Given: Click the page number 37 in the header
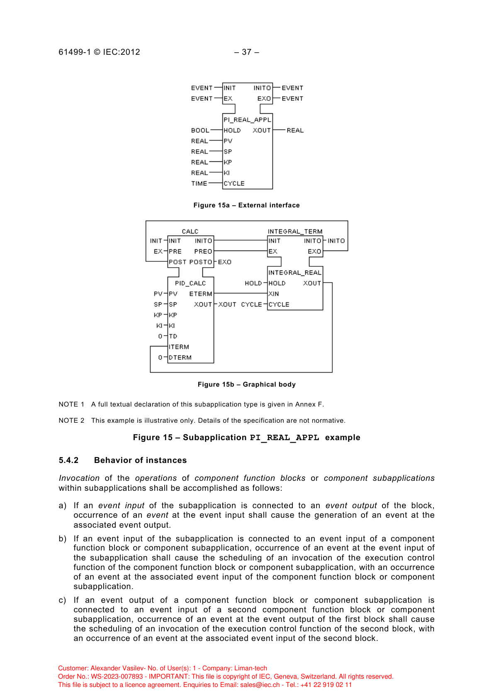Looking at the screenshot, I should pyautogui.click(x=247, y=52).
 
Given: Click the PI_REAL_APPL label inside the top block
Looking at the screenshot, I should pyautogui.click(x=247, y=120).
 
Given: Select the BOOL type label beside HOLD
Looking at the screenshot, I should pyautogui.click(x=200, y=130).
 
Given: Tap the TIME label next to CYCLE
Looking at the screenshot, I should pyautogui.click(x=199, y=183).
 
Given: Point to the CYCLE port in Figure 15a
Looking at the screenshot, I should pyautogui.click(x=234, y=183).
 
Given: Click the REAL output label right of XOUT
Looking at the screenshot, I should pyautogui.click(x=295, y=130).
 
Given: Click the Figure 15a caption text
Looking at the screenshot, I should pyautogui.click(x=246, y=205).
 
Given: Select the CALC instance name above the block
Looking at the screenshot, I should pyautogui.click(x=190, y=231).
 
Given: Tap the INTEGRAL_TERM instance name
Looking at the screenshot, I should pyautogui.click(x=295, y=231).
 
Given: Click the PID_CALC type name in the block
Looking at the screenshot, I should pyautogui.click(x=190, y=283).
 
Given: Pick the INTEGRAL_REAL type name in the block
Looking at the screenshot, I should pyautogui.click(x=295, y=273).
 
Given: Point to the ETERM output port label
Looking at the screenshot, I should pyautogui.click(x=201, y=294).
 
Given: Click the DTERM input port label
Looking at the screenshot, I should pyautogui.click(x=180, y=358).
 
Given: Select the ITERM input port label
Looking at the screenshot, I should pyautogui.click(x=179, y=347).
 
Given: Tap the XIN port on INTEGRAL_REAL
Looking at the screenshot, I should pyautogui.click(x=274, y=294).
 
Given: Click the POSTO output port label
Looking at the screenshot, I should pyautogui.click(x=201, y=262).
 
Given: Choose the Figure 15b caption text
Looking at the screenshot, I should pyautogui.click(x=246, y=385).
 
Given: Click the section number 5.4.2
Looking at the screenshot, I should pyautogui.click(x=68, y=460).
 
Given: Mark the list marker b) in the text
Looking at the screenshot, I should pyautogui.click(x=63, y=539).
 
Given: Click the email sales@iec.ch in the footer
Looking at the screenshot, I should pyautogui.click(x=260, y=685).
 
